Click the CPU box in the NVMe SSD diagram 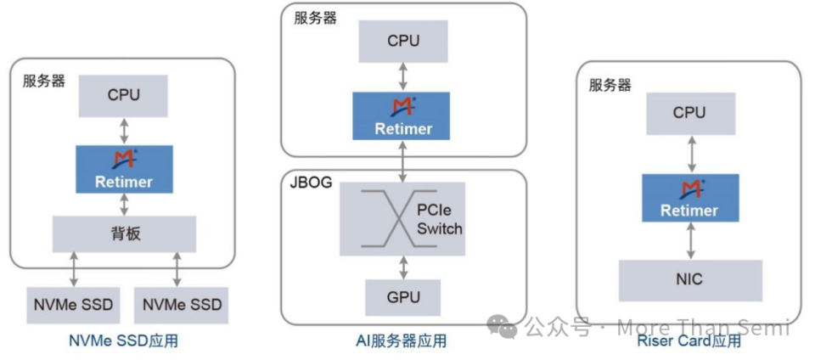pyautogui.click(x=124, y=96)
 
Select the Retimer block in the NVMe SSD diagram pyautogui.click(x=124, y=169)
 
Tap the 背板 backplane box pyautogui.click(x=124, y=233)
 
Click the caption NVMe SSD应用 pyautogui.click(x=124, y=341)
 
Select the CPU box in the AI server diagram pyautogui.click(x=402, y=41)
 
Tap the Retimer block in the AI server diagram pyautogui.click(x=402, y=116)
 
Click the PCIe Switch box pyautogui.click(x=402, y=218)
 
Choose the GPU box pyautogui.click(x=402, y=297)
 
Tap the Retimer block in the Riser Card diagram pyautogui.click(x=689, y=198)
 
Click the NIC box pyautogui.click(x=689, y=279)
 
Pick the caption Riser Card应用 pyautogui.click(x=689, y=341)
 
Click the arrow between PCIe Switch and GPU pyautogui.click(x=402, y=267)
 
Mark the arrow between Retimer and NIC pyautogui.click(x=689, y=241)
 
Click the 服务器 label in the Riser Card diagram pyautogui.click(x=610, y=85)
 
